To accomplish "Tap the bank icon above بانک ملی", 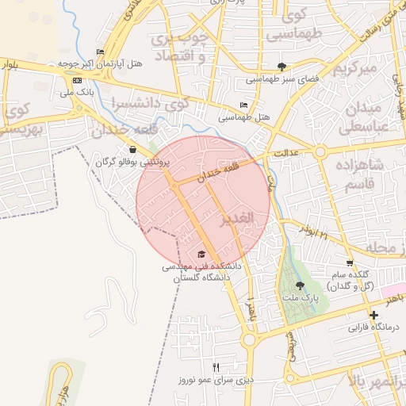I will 76,81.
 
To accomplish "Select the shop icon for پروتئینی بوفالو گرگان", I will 132,149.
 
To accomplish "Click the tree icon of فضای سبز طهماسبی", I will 282,67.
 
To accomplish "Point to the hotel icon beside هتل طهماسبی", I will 243,105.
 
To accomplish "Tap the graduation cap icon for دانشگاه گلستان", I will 201,255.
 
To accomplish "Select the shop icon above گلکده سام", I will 350,262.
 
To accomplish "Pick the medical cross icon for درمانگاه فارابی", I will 374,315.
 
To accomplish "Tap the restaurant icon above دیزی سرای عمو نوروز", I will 216,366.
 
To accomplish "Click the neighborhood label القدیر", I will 238,218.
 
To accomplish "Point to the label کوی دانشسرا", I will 150,104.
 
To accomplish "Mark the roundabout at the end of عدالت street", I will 320,151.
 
